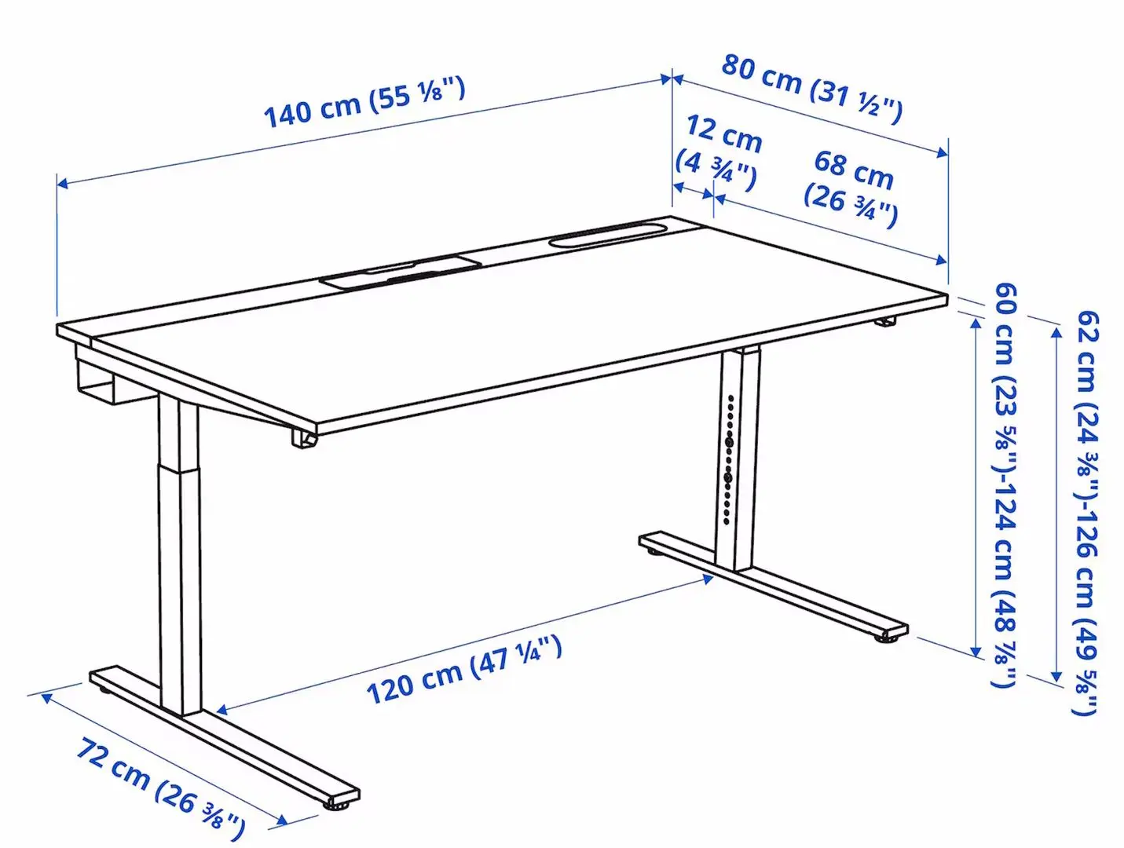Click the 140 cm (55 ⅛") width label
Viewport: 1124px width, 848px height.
364,102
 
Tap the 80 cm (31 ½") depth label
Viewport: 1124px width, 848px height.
812,87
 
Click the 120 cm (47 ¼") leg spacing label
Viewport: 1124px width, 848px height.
464,670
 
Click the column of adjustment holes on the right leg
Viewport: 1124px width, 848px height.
729,460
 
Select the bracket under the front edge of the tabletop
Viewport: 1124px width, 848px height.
304,438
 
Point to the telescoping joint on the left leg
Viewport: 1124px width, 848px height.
178,469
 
